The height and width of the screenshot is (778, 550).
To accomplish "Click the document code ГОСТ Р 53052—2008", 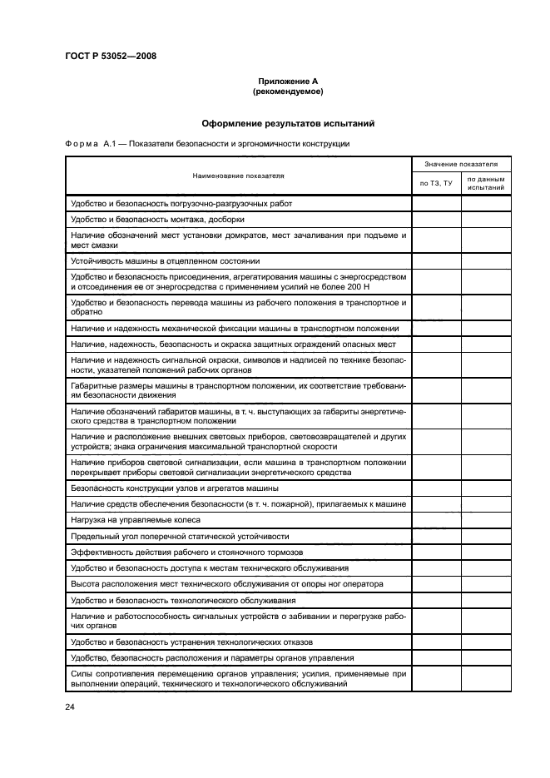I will tap(110, 57).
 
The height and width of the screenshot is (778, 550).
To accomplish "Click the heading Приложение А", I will tap(288, 81).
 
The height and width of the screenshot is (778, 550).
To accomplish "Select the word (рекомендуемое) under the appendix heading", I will tap(288, 91).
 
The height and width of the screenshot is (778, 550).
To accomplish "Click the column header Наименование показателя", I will tap(238, 176).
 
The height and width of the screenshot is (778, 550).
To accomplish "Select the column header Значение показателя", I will tap(461, 165).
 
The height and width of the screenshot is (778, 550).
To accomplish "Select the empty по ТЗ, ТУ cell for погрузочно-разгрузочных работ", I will tap(436, 203).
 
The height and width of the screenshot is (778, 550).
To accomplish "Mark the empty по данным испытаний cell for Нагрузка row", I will tap(486, 519).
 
